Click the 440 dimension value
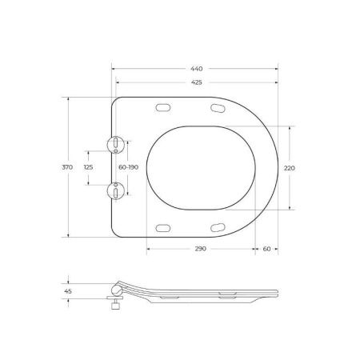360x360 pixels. click(197, 70)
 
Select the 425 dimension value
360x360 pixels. click(197, 82)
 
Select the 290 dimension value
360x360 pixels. click(200, 249)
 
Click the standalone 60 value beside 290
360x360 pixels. click(266, 249)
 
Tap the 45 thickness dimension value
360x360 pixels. click(68, 292)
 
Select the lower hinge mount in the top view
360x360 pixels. click(117, 190)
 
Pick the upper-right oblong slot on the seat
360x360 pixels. click(218, 108)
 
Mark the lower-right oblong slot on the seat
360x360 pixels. click(218, 227)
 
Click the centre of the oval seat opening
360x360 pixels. click(202, 167)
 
